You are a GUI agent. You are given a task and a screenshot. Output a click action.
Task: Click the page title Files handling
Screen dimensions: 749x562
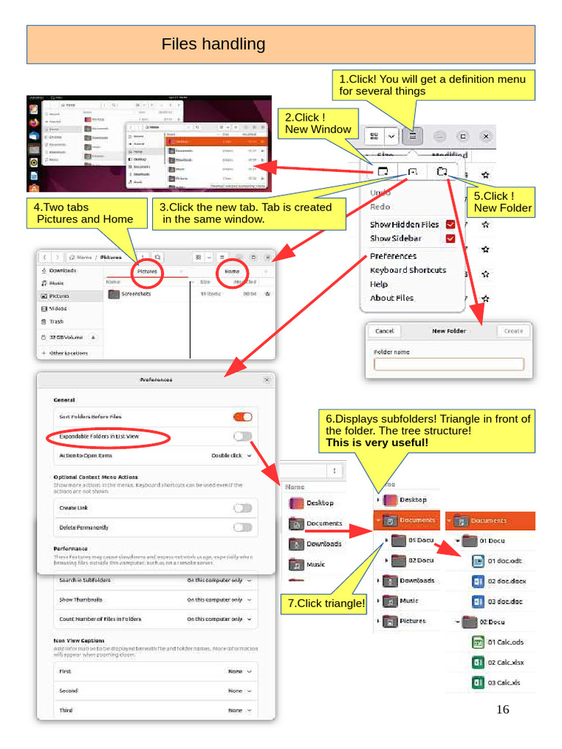pyautogui.click(x=213, y=45)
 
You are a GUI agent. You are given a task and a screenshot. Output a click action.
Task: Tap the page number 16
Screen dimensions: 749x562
pyautogui.click(x=503, y=710)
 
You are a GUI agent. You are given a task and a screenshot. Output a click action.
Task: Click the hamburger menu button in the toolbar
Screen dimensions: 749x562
pyautogui.click(x=413, y=136)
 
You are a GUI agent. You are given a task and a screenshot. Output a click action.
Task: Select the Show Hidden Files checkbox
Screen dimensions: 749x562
pyautogui.click(x=451, y=225)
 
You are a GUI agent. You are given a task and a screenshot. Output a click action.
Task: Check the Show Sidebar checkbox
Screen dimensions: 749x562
pyautogui.click(x=451, y=238)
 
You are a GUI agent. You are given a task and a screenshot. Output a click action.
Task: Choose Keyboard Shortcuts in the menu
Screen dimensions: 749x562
pyautogui.click(x=408, y=270)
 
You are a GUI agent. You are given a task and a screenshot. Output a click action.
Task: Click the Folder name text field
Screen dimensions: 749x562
pyautogui.click(x=449, y=364)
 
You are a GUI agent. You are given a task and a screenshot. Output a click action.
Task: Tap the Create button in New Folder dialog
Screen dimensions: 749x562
pyautogui.click(x=514, y=331)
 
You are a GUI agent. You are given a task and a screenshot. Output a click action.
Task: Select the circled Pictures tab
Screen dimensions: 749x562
pyautogui.click(x=147, y=271)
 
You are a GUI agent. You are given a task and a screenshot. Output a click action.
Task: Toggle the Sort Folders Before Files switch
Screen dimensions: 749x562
pyautogui.click(x=242, y=416)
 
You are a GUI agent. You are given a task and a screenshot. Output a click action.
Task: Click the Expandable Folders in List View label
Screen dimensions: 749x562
pyautogui.click(x=99, y=436)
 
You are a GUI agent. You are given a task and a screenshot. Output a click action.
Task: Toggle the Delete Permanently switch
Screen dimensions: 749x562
pyautogui.click(x=242, y=527)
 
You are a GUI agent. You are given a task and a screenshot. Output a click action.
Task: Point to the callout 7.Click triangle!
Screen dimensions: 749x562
pyautogui.click(x=323, y=603)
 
